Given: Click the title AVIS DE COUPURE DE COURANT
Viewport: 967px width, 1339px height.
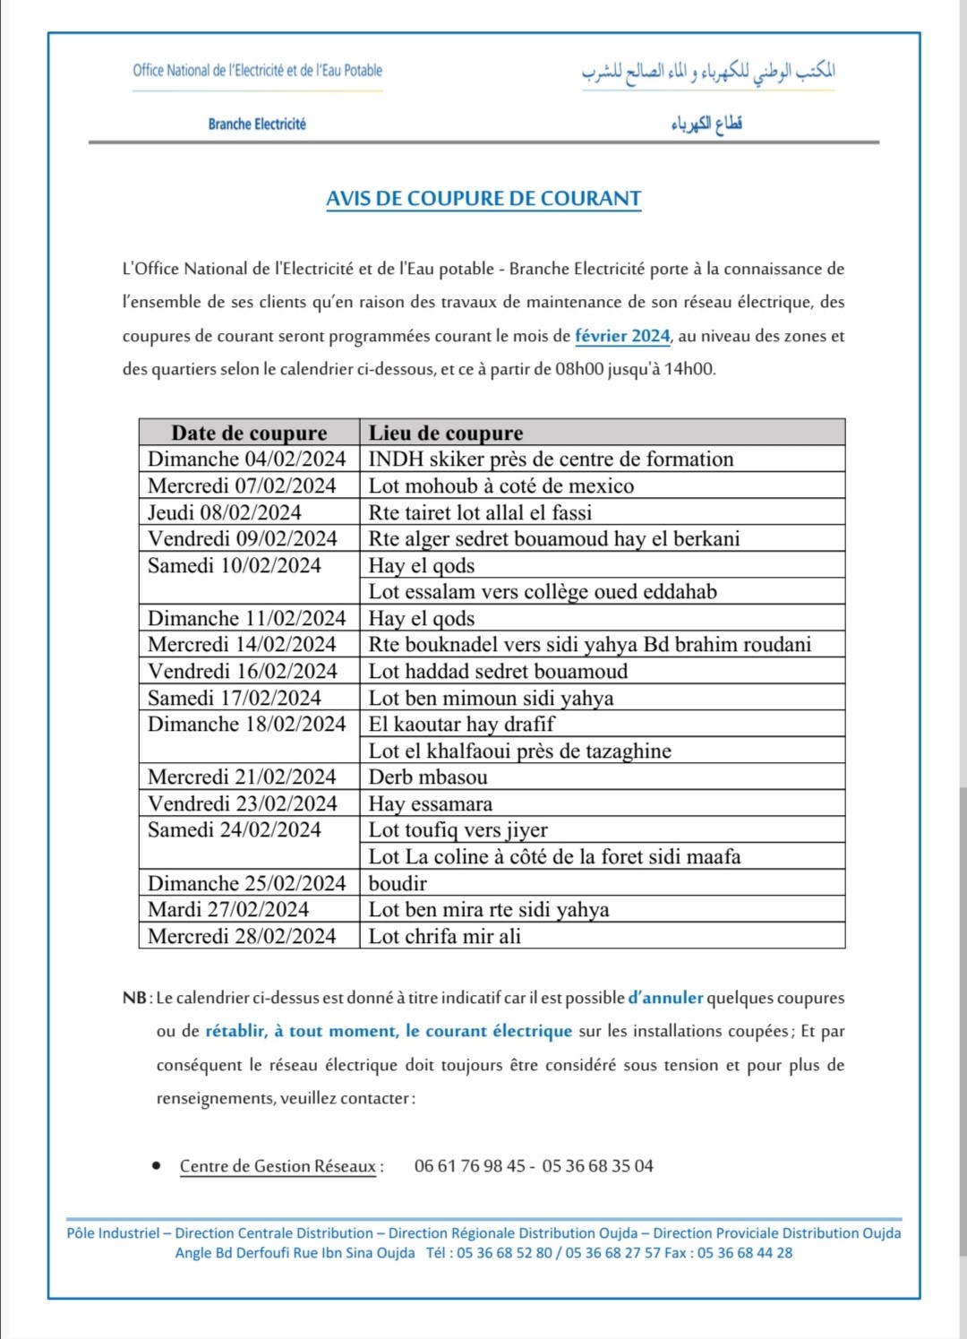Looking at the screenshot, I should [483, 199].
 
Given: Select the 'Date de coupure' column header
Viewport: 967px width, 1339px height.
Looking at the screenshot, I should [249, 433].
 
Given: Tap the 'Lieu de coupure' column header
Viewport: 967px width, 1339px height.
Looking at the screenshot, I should [446, 433].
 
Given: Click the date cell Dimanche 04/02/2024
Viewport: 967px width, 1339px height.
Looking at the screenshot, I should [246, 459].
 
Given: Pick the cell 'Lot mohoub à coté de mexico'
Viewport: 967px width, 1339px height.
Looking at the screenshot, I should [501, 486].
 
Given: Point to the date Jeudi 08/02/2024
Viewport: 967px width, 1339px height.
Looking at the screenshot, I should [225, 512].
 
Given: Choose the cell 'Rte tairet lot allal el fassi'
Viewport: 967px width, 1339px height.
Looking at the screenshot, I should [480, 512].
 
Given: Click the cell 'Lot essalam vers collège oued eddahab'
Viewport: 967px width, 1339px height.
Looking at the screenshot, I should [543, 592].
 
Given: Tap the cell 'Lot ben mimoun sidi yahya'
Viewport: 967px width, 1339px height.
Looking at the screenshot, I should [491, 698].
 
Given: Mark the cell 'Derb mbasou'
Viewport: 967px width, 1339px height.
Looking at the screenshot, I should [428, 777].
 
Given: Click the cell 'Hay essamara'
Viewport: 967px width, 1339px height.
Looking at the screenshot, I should [430, 804].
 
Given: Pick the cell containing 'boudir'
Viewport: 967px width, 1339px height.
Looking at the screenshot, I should [398, 884].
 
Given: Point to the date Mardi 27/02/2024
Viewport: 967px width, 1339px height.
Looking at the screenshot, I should [228, 910].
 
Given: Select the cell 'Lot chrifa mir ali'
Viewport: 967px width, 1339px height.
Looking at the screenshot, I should [444, 937].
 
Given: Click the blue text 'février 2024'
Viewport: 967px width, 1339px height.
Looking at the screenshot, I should [622, 336].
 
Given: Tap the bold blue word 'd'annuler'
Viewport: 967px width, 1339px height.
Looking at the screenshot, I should [665, 998].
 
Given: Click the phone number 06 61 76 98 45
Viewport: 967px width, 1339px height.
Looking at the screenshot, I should [470, 1166].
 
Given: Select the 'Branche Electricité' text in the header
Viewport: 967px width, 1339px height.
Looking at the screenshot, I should [257, 124].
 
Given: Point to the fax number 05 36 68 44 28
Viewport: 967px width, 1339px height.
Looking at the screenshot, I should [745, 1253].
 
